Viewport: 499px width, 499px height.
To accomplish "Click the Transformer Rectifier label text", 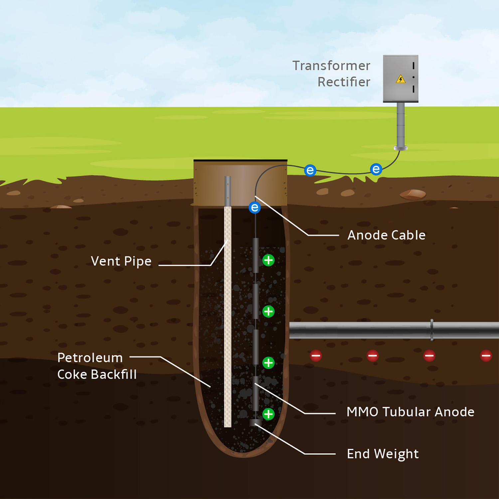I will coord(331,74).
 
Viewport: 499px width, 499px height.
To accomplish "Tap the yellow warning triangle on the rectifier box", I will coord(401,79).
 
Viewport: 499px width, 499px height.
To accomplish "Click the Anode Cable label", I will coord(386,235).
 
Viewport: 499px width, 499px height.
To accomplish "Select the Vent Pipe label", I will coord(121,261).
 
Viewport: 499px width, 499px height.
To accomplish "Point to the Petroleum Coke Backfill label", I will coord(96,366).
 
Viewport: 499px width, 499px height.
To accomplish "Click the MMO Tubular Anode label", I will coord(410,412).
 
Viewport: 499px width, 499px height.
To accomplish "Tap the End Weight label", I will coord(383,454).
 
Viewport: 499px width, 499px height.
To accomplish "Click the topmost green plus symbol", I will coord(268,260).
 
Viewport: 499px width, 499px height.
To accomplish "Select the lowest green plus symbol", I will coord(268,414).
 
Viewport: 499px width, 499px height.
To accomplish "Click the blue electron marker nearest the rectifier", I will coord(376,169).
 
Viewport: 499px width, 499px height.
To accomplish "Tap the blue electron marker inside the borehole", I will coord(255,208).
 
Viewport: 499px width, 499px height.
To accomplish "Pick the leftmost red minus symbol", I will coord(316,356).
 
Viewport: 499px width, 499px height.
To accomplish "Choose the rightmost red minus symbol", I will coord(486,356).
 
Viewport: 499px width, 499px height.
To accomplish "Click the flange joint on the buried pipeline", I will coord(431,330).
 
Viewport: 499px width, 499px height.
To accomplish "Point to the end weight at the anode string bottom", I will coord(255,422).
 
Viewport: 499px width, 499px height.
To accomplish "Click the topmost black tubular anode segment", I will coord(255,255).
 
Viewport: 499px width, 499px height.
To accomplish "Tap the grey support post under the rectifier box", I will coord(401,125).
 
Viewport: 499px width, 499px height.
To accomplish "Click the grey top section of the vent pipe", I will coord(228,191).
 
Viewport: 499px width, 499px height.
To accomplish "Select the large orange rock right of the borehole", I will coord(413,194).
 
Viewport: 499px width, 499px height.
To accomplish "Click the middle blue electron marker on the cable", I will coord(310,170).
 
